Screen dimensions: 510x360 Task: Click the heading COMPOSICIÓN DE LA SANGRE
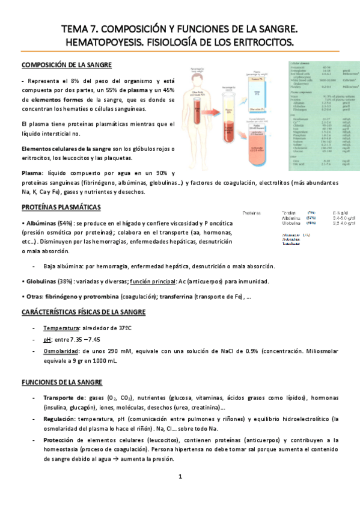pos(66,65)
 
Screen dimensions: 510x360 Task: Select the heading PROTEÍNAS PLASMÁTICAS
pos(61,207)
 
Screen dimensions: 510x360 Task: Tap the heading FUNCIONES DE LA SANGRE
pos(62,382)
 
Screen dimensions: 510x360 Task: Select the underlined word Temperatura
pos(63,328)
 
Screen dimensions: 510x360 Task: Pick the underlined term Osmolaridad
pos(64,349)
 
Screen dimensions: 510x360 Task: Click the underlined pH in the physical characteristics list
pos(47,339)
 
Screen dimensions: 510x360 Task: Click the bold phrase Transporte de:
pos(65,398)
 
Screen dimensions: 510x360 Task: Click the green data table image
pos(317,114)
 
